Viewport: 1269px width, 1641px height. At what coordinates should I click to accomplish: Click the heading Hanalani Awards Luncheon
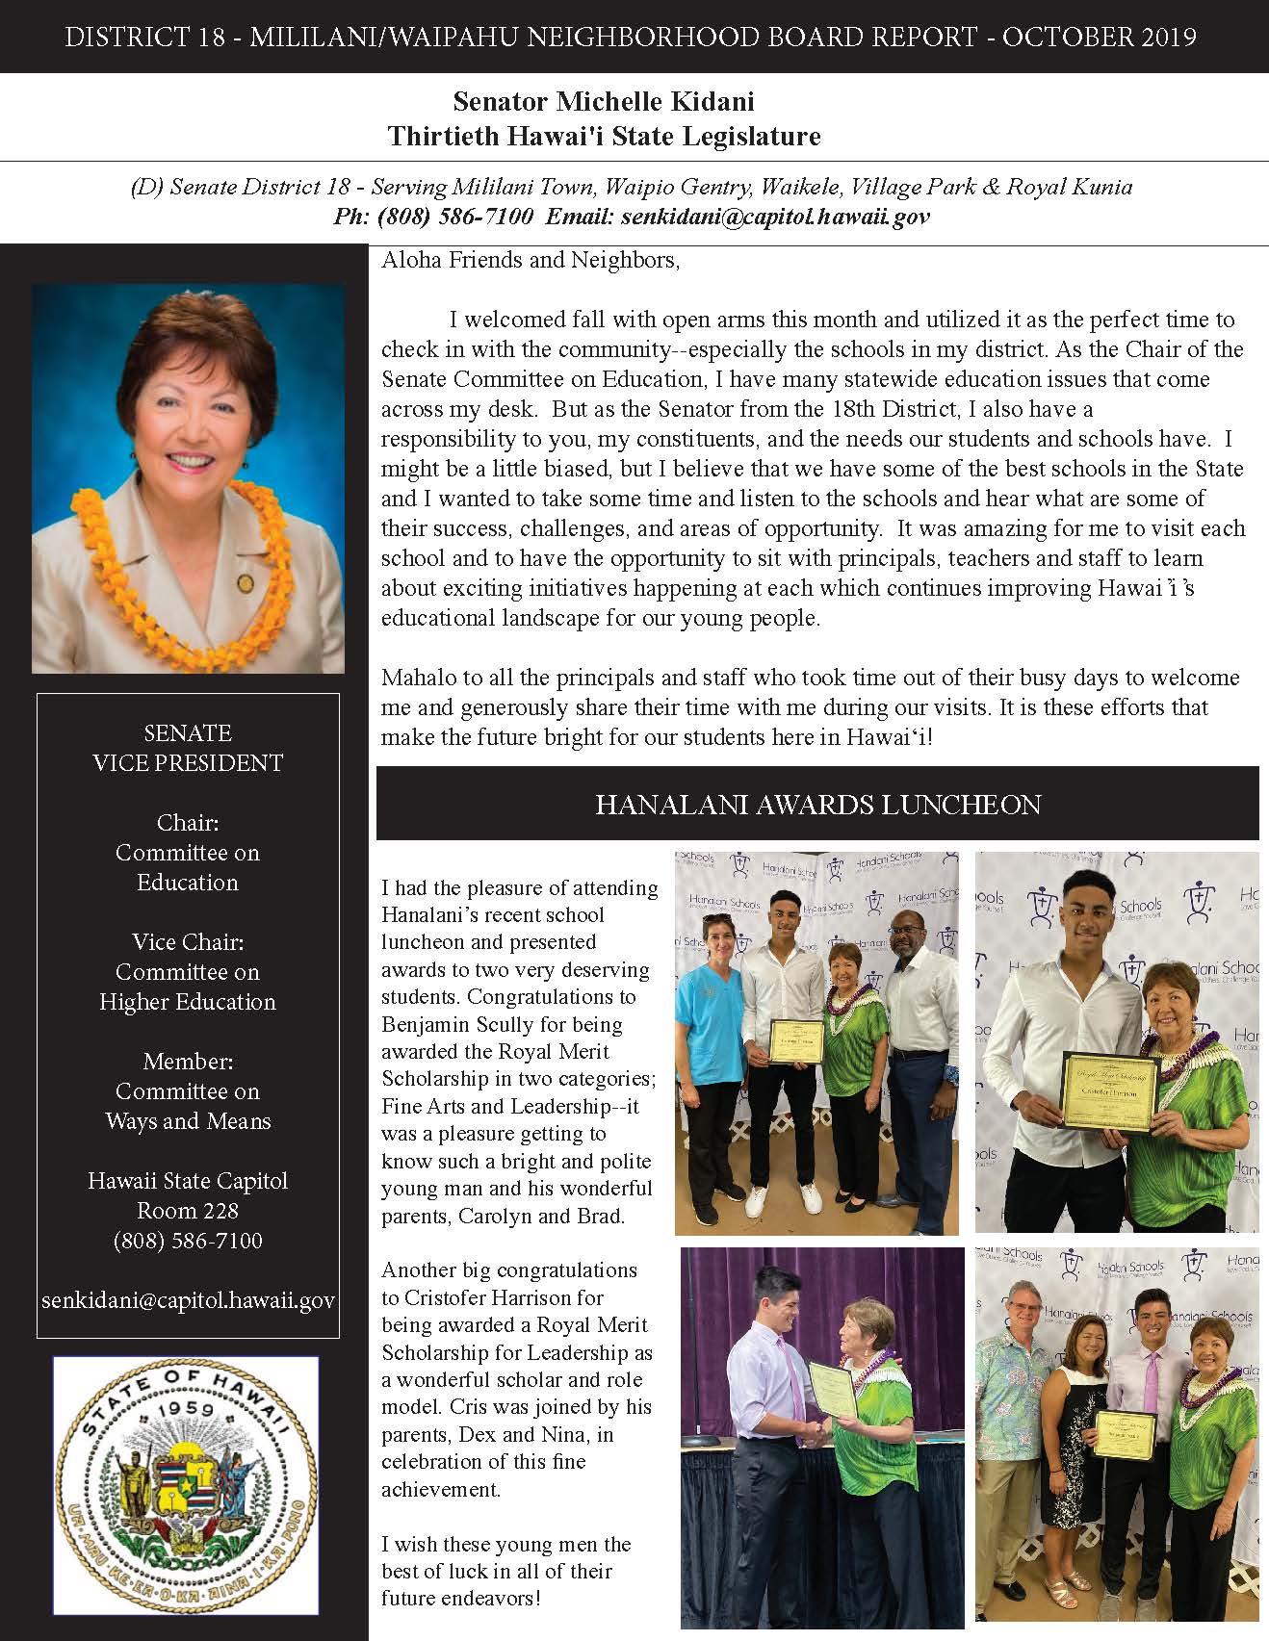[817, 805]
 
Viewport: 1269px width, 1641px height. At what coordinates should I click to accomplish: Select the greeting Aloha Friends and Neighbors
[531, 260]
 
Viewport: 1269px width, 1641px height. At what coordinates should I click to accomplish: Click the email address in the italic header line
[775, 217]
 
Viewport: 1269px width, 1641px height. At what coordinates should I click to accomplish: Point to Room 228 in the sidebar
[188, 1211]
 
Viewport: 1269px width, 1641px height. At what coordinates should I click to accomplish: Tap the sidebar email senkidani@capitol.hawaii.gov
[188, 1300]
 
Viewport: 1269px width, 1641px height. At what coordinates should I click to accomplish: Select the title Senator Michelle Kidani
[604, 101]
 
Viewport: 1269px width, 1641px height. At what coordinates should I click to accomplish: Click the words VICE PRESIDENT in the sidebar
[188, 763]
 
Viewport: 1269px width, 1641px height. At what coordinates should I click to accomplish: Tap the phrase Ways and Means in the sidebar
[188, 1121]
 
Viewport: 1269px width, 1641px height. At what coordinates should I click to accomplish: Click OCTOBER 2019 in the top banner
[1100, 37]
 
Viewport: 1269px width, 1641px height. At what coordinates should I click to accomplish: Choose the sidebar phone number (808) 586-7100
[188, 1241]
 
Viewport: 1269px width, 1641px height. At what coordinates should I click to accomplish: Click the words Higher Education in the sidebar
[188, 1002]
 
